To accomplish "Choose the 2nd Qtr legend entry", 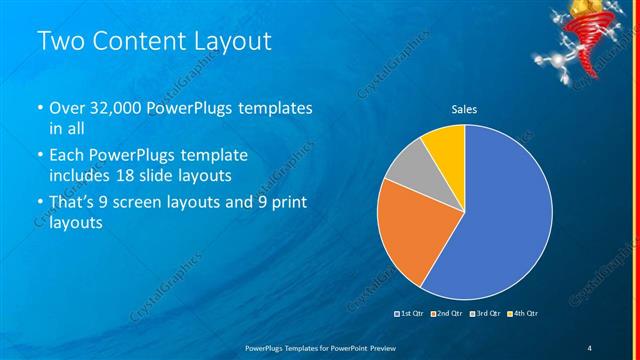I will (446, 314).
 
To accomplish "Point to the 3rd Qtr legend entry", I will (486, 314).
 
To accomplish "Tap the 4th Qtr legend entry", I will (524, 314).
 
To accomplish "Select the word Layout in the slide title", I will (231, 41).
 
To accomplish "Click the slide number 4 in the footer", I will (590, 346).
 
